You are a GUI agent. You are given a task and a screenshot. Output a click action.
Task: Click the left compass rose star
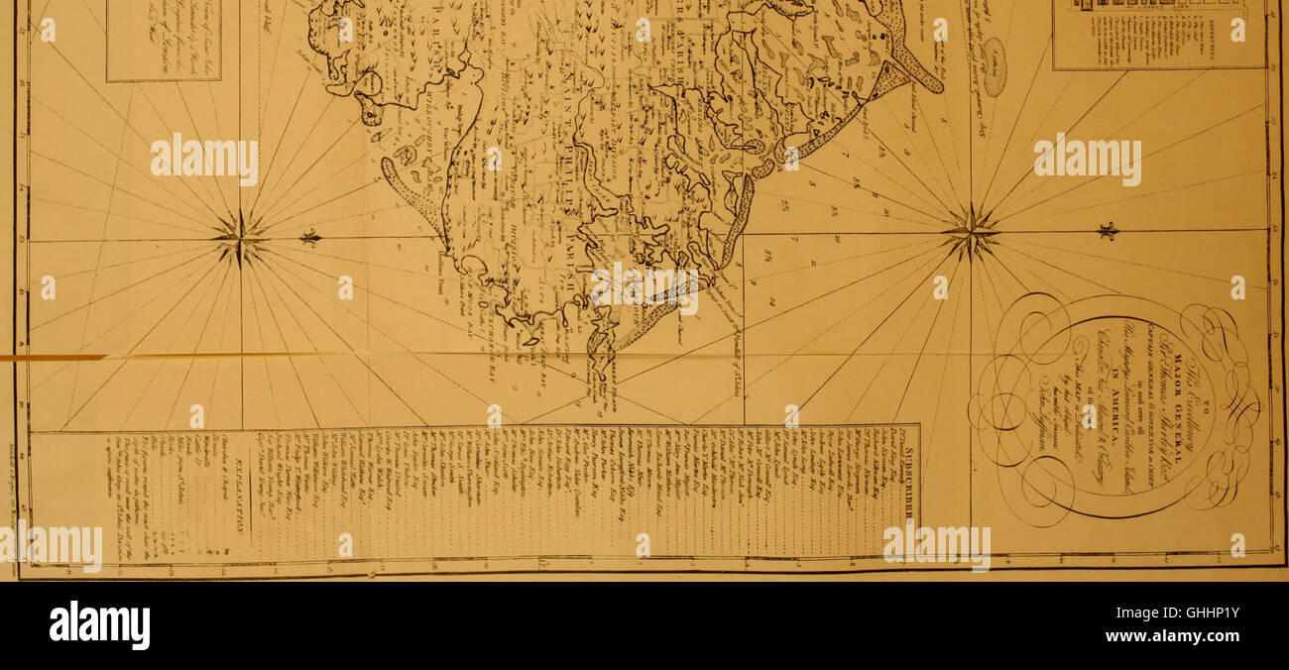click(239, 238)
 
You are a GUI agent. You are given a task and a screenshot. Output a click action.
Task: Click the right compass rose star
click(972, 234)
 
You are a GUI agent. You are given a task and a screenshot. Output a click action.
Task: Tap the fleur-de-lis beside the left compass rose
click(311, 238)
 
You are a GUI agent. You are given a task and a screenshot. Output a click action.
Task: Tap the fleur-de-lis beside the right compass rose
click(1108, 231)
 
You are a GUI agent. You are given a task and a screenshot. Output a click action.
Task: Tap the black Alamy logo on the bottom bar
click(99, 625)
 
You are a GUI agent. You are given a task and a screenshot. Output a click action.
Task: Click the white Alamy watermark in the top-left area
click(204, 159)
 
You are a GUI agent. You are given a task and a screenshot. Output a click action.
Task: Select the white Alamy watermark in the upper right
click(1087, 159)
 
